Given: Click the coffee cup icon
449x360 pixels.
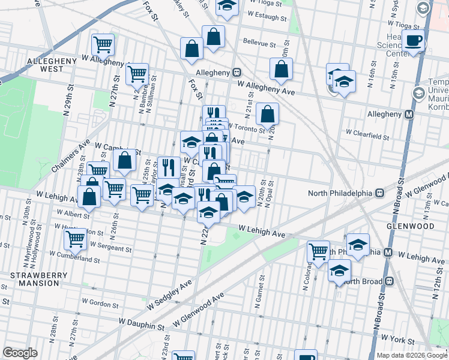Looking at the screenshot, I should [414, 41].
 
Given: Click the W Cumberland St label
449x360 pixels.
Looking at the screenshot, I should [75, 259].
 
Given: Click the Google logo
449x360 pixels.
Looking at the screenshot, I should [20, 353].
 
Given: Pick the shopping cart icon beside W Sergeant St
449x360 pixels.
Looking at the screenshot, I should [76, 240].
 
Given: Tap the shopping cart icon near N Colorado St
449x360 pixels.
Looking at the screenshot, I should [318, 251].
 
